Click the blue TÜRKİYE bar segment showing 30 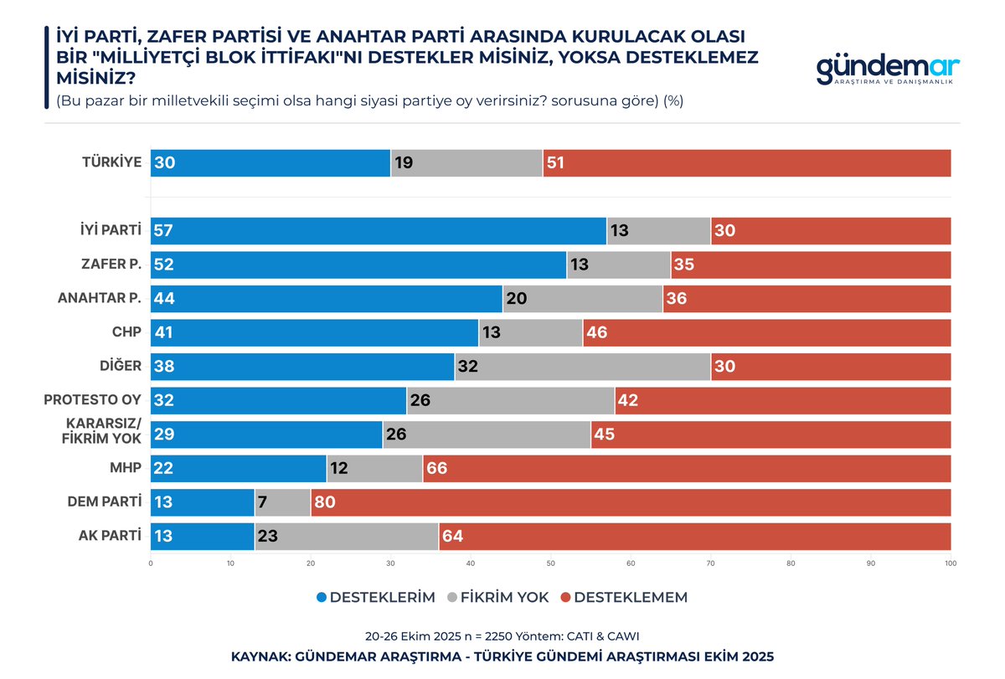(x=271, y=163)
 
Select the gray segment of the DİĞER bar (x=583, y=367)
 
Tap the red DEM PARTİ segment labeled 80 (x=631, y=502)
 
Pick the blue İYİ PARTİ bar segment (x=379, y=231)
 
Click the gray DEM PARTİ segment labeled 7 (x=282, y=502)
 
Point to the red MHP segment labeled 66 (x=687, y=469)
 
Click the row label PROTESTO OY (x=92, y=400)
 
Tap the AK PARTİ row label (x=104, y=537)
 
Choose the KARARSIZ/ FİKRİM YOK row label (x=98, y=435)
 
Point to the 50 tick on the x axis (x=550, y=563)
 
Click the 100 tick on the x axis (x=950, y=563)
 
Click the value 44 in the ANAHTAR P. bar (x=164, y=299)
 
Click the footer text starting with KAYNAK (x=502, y=656)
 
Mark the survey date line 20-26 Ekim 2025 (x=502, y=636)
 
